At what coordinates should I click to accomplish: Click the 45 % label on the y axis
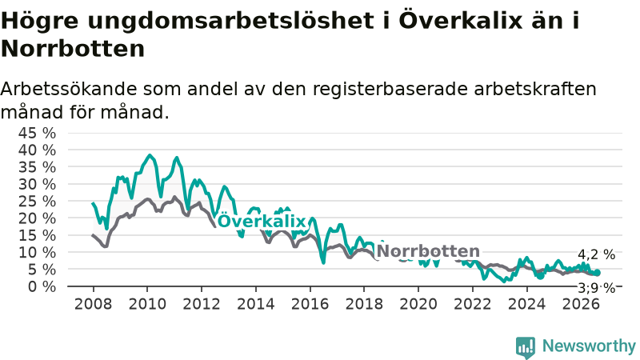(37, 133)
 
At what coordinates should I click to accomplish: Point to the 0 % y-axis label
(42, 286)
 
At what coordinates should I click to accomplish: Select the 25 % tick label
(37, 202)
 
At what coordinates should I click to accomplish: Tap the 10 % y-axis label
(37, 252)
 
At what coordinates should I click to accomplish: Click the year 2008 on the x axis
(93, 304)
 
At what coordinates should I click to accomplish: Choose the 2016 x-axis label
(310, 304)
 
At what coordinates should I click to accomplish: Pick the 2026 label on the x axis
(581, 304)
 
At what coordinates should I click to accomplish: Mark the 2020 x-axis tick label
(418, 304)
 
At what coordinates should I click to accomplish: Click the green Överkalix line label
(262, 221)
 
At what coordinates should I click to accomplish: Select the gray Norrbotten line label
(428, 251)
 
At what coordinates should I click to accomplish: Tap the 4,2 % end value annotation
(596, 254)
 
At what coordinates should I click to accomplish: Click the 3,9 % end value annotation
(596, 288)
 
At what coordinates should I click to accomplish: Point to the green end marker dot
(597, 273)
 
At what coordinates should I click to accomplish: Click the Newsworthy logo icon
(526, 347)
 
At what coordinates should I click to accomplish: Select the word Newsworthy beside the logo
(589, 346)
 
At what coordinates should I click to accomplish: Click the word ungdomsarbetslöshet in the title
(230, 21)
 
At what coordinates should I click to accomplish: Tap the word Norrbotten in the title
(73, 49)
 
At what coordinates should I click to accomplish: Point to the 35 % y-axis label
(37, 167)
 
